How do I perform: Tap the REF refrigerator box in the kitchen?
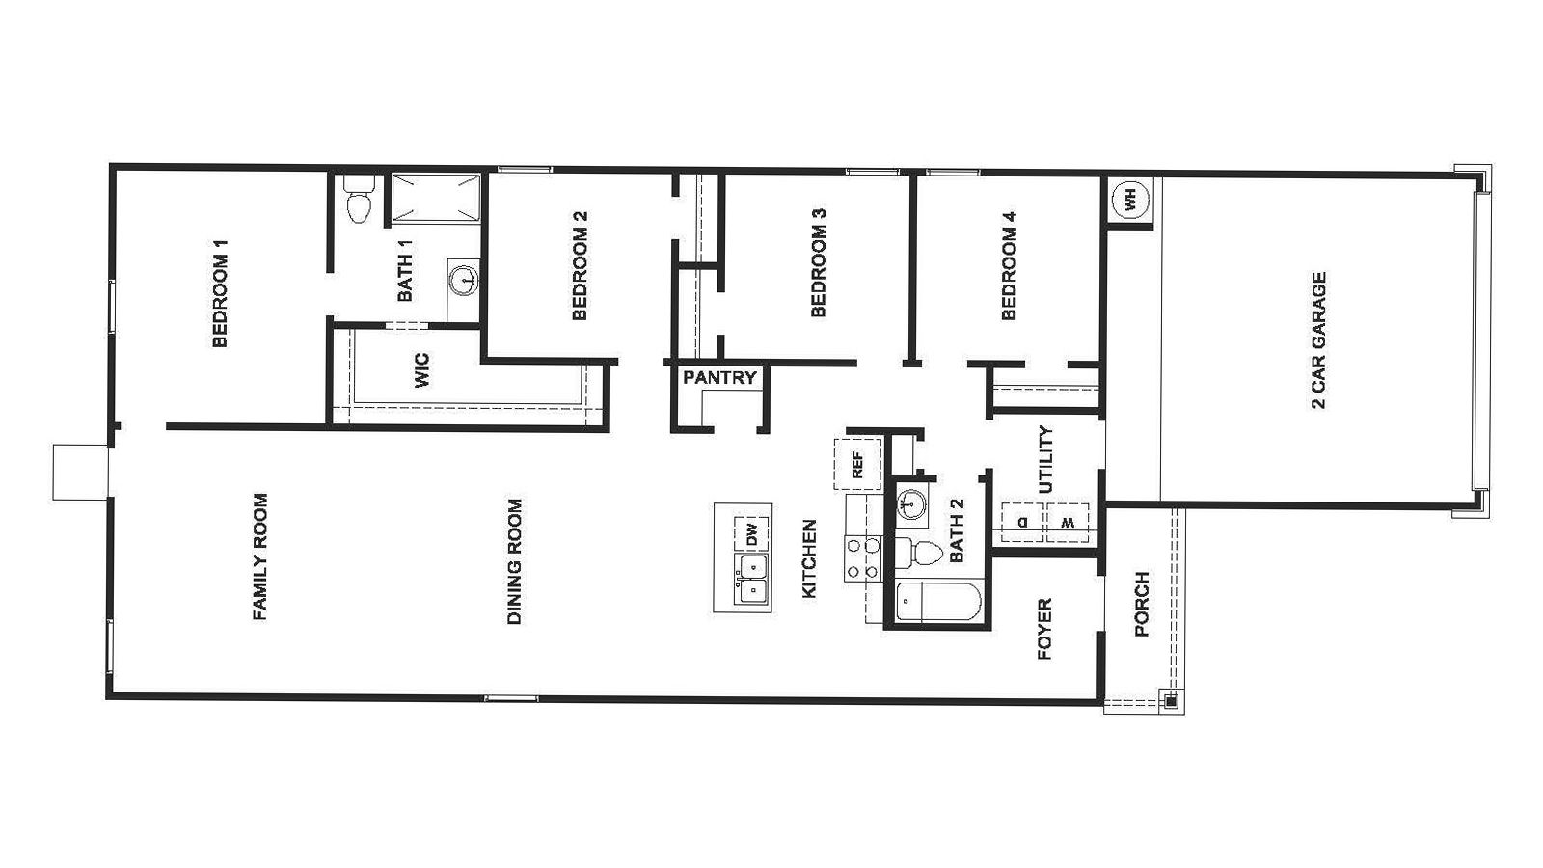click(x=857, y=464)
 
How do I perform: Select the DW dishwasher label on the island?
click(x=752, y=532)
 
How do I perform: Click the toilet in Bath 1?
click(x=358, y=203)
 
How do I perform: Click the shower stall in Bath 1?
click(x=435, y=199)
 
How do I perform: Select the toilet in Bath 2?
click(x=920, y=553)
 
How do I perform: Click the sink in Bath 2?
click(x=910, y=504)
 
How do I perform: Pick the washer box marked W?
click(x=1068, y=522)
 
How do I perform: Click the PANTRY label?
click(x=719, y=377)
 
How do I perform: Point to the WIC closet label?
click(x=421, y=371)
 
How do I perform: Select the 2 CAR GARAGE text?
click(x=1319, y=340)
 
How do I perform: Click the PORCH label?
click(x=1142, y=605)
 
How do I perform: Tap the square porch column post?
click(x=1170, y=701)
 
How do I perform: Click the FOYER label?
click(x=1043, y=630)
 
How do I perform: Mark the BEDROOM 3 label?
click(x=819, y=263)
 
